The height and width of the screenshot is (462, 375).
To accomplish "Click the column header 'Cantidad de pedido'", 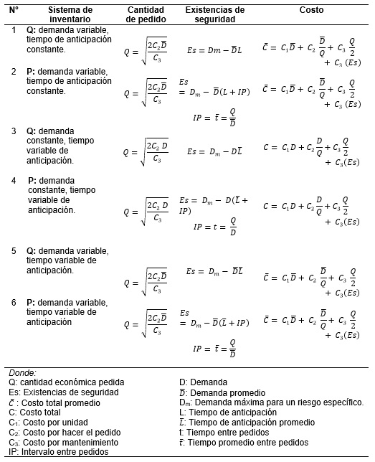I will pyautogui.click(x=146, y=15).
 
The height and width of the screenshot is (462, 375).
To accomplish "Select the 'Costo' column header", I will pyautogui.click(x=312, y=11).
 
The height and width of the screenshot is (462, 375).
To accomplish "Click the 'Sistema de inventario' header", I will pyautogui.click(x=71, y=15).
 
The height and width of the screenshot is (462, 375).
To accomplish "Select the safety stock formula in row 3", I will pyautogui.click(x=216, y=151).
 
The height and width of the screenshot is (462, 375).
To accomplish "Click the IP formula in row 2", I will pyautogui.click(x=215, y=118).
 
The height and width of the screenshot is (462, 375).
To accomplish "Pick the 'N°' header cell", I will pyautogui.click(x=14, y=11).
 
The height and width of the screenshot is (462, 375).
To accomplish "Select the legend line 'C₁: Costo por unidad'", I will pyautogui.click(x=47, y=423).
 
